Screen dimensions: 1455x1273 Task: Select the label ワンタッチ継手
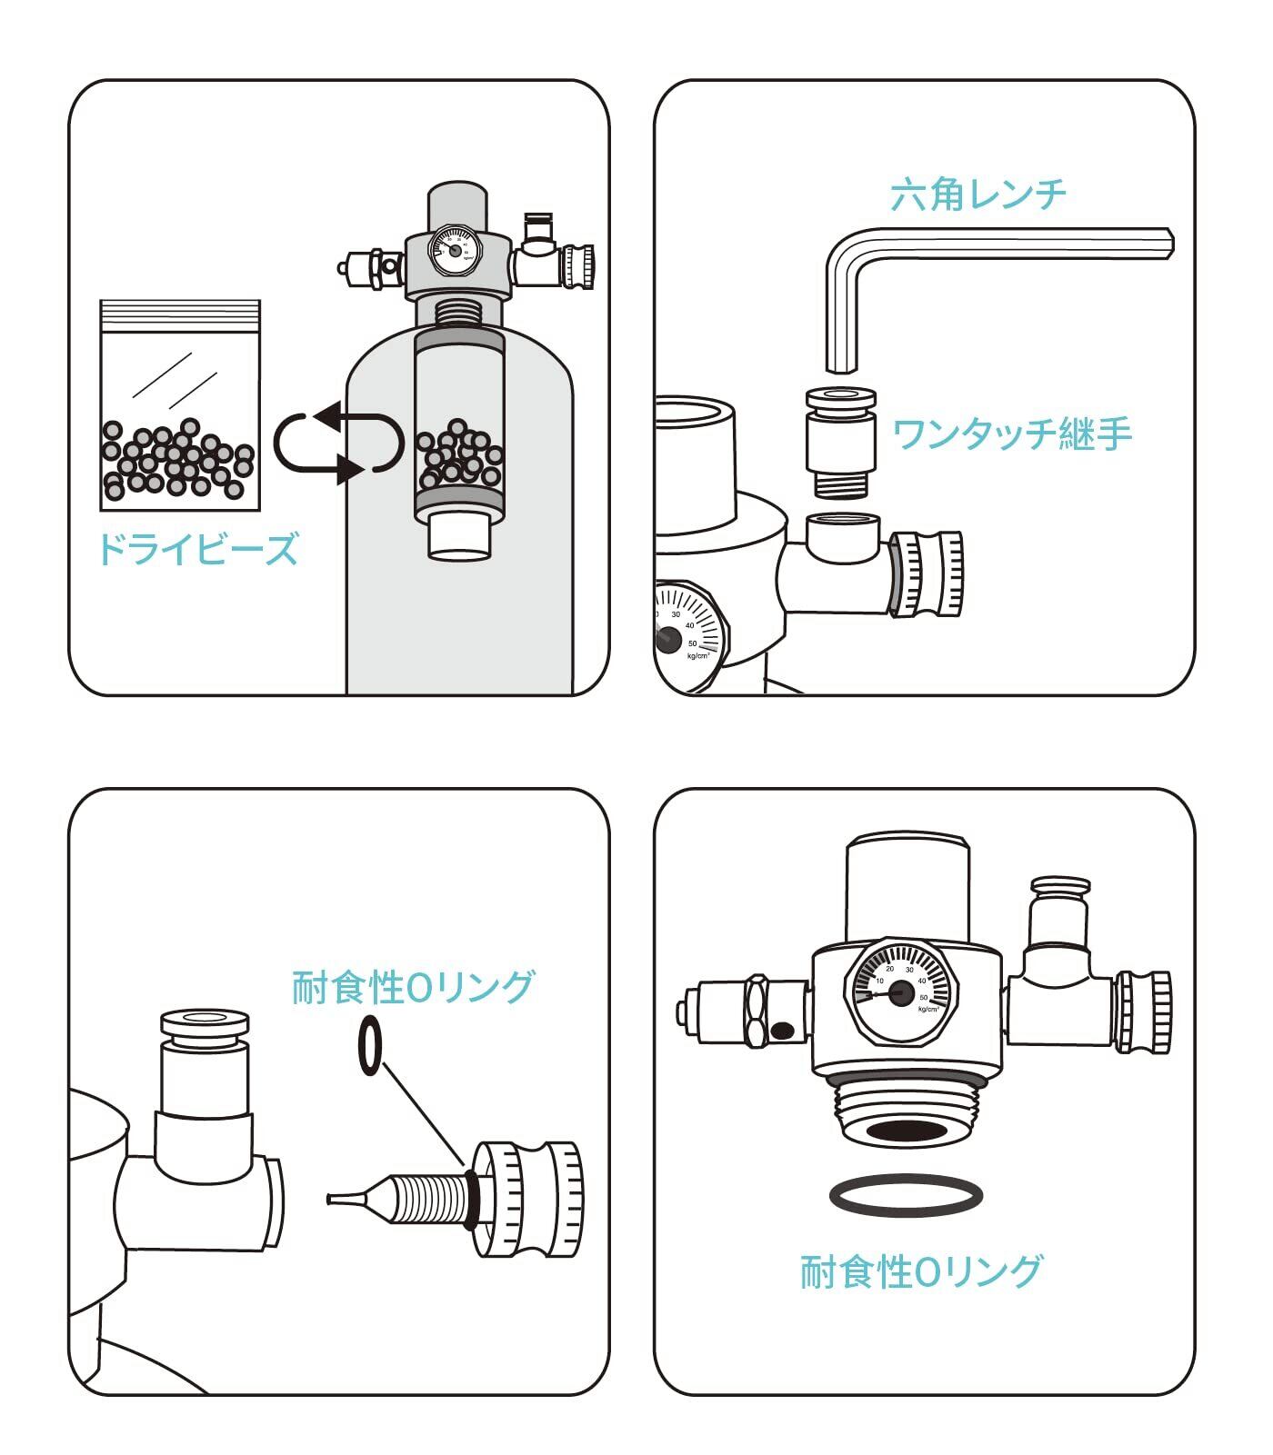1012,434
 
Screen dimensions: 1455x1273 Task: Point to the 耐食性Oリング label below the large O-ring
920,1271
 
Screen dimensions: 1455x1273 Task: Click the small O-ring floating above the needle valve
370,1046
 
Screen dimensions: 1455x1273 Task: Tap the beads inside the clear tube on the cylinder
459,455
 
